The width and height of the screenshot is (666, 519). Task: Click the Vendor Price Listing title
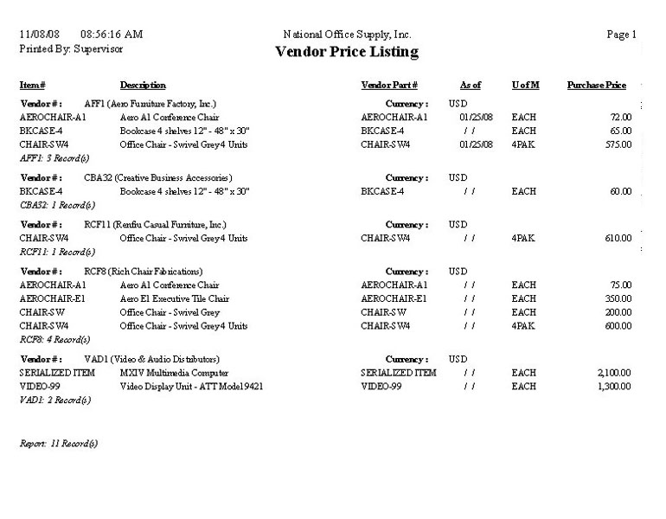point(346,52)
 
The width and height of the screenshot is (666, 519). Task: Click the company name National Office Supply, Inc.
point(347,35)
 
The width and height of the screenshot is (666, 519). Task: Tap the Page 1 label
point(623,35)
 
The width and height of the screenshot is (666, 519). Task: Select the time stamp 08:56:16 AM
point(112,35)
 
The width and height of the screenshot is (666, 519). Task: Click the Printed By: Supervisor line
point(71,49)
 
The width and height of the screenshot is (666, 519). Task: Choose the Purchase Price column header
point(597,86)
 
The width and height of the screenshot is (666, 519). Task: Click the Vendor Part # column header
point(389,86)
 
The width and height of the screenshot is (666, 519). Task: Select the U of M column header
point(526,86)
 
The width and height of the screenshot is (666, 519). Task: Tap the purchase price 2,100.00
point(614,373)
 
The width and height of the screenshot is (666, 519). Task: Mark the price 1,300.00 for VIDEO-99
point(614,387)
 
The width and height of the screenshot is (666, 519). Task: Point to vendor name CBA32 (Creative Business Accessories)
point(158,177)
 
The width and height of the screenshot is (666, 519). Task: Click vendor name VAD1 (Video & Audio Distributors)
point(151,359)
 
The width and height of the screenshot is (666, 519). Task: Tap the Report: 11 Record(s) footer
point(59,444)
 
